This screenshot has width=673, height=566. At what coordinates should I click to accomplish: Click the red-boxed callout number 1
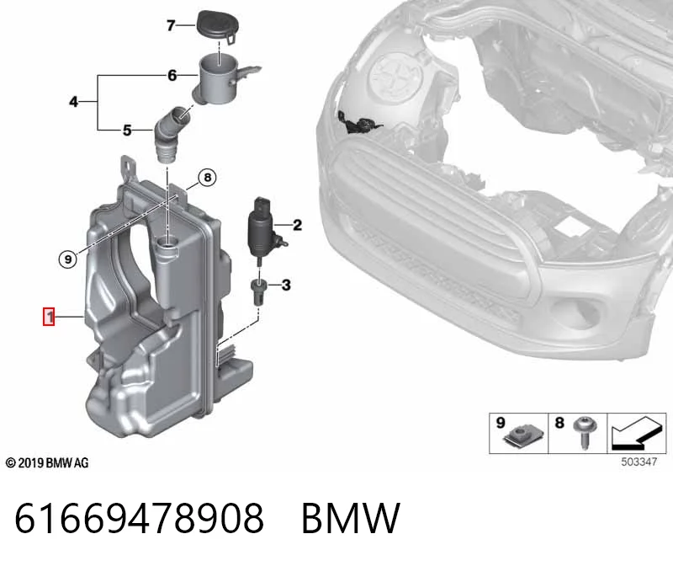[49, 317]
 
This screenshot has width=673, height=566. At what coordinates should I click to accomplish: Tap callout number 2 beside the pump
[297, 225]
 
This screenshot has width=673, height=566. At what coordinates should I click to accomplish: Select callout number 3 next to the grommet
[286, 285]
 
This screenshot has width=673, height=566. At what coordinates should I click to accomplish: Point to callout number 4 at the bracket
[74, 102]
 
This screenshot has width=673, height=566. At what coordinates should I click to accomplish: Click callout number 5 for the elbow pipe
[127, 131]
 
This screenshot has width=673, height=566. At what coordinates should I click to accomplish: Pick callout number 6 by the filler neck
[172, 76]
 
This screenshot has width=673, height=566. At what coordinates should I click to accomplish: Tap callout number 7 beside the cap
[171, 26]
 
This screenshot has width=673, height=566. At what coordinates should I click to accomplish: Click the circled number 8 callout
[207, 177]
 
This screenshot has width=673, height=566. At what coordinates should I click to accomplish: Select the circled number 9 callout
[68, 259]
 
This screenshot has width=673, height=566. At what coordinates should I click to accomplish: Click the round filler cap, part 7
[218, 26]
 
